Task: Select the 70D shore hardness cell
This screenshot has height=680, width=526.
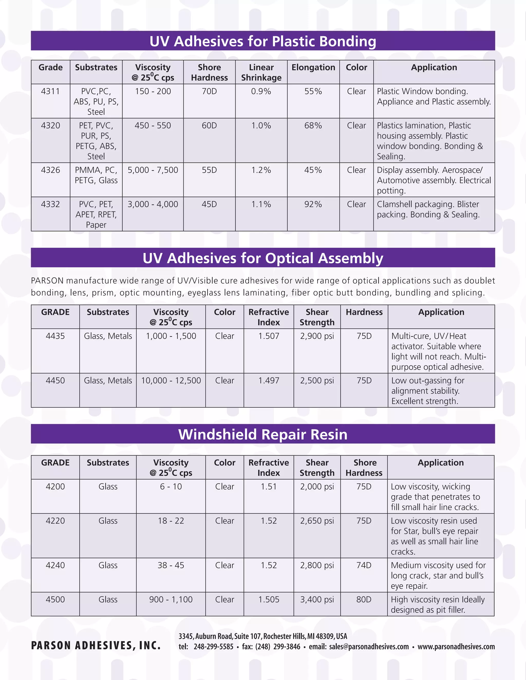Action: point(209,91)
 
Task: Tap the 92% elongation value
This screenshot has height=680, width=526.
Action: point(313,204)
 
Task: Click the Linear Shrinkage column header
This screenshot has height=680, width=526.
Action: point(261,73)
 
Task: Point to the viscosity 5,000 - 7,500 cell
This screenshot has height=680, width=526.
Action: point(153,170)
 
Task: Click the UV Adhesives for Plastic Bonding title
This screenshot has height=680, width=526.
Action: point(263,41)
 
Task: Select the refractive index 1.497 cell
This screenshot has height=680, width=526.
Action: point(269,381)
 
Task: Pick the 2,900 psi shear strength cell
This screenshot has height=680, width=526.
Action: point(317,336)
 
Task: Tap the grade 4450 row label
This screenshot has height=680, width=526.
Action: point(55,381)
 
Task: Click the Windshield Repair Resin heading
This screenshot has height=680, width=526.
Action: point(263,434)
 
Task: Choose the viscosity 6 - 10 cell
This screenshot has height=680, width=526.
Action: point(171,487)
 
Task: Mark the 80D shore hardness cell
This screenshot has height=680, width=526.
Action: point(364,599)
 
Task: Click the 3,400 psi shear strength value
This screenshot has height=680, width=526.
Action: point(317,599)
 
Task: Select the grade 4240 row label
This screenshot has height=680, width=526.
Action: point(55,565)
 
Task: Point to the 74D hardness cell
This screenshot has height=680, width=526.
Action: point(364,565)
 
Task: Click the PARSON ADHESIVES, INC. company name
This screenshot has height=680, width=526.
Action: point(96,645)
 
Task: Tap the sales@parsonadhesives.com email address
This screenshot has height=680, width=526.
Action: point(369,647)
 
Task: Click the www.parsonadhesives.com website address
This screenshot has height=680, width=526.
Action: point(456,647)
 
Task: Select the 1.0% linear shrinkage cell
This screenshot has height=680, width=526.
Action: point(261,125)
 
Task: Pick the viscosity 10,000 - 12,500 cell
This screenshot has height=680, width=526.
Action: point(171,381)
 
